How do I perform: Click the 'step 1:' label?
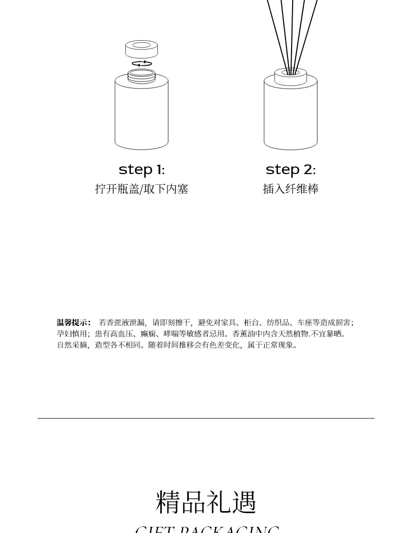pos(141,170)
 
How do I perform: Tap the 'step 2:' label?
pos(291,170)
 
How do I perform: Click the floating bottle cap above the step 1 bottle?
pos(141,49)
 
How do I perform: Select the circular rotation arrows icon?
pos(142,64)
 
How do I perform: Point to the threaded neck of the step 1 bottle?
pos(141,75)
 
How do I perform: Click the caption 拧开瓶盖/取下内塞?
pos(141,189)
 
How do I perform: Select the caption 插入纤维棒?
pos(291,189)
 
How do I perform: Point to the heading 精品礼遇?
pos(206,502)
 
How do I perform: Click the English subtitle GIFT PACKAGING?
pos(207,529)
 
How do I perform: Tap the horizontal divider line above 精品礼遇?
pos(206,418)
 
